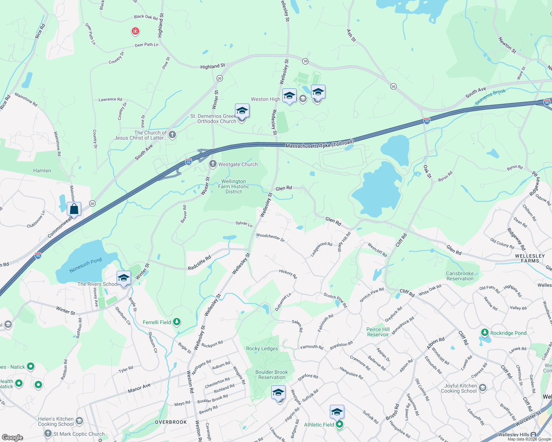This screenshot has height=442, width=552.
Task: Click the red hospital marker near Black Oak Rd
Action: click(135, 31)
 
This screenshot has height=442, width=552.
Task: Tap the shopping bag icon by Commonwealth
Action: click(74, 209)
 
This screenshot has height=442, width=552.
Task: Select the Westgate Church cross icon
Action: click(213, 164)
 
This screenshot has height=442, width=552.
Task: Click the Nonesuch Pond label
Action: click(85, 266)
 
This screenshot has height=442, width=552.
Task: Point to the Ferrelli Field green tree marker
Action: click(177, 322)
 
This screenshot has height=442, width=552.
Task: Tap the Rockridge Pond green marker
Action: click(485, 333)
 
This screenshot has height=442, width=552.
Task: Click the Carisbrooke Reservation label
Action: click(460, 276)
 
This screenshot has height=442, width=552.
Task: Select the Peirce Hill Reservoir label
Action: click(378, 332)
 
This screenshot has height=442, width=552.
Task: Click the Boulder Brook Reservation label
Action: click(272, 375)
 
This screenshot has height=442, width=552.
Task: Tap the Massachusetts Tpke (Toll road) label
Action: click(320, 144)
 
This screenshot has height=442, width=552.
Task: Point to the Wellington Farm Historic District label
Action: click(234, 186)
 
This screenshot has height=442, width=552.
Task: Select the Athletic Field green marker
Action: click(339, 425)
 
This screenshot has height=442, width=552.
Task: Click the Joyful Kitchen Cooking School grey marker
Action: click(483, 388)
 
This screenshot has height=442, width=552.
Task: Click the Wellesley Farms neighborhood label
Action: click(530, 258)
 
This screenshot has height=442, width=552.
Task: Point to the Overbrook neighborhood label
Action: click(171, 422)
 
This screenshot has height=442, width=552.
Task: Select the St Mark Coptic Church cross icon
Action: click(48, 434)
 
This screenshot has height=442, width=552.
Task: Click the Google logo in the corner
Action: click(12, 437)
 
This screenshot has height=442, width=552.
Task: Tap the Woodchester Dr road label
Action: click(270, 238)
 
